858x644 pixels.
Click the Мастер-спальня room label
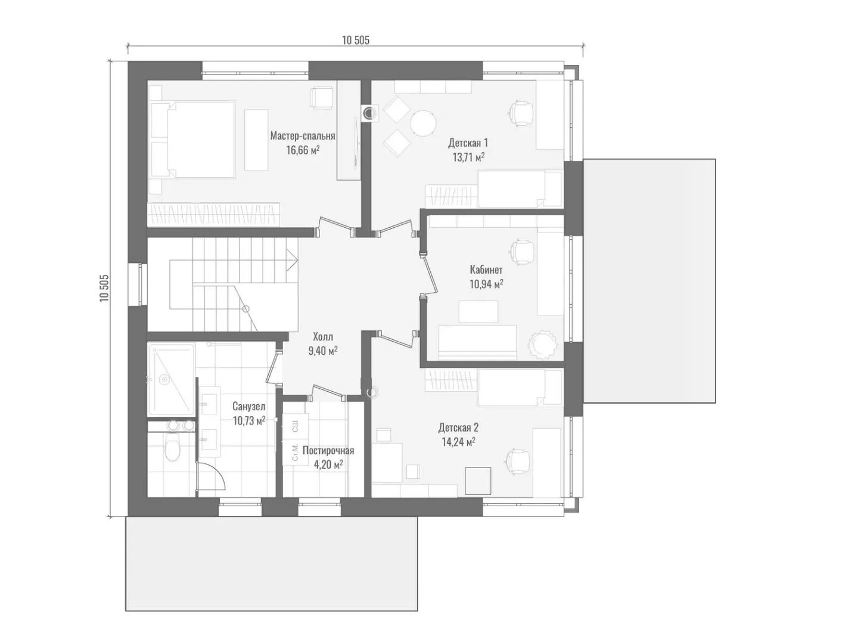coord(303,136)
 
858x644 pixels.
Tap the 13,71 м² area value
coord(468,157)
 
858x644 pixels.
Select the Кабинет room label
coord(486,270)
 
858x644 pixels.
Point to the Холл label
coord(323,337)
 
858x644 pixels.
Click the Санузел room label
coord(248,406)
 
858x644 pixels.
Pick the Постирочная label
coord(328,450)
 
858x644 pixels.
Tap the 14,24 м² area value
coord(459,442)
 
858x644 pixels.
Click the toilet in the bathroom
coord(172,448)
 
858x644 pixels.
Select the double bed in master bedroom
coord(193,140)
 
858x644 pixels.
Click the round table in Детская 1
coord(423,123)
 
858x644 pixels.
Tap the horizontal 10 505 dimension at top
coord(355,41)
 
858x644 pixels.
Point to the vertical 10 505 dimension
coord(104,288)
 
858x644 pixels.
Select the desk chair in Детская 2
coord(518,462)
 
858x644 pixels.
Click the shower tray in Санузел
coord(171,379)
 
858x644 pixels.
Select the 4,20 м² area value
coord(328,465)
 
